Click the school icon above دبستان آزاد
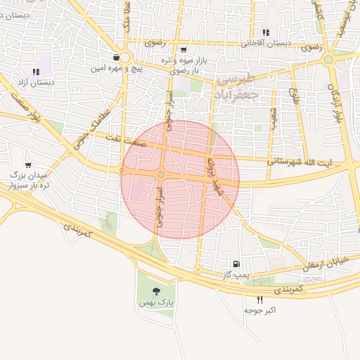coord(36,72)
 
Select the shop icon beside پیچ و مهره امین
coord(115,58)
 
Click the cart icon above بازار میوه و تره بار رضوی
coord(184,50)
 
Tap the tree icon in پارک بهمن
coord(155,291)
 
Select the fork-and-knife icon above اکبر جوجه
coord(260,300)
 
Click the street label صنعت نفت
coord(140,141)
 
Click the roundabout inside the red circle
coord(161,174)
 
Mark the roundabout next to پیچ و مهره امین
coord(125,57)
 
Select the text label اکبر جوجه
coord(260,310)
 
